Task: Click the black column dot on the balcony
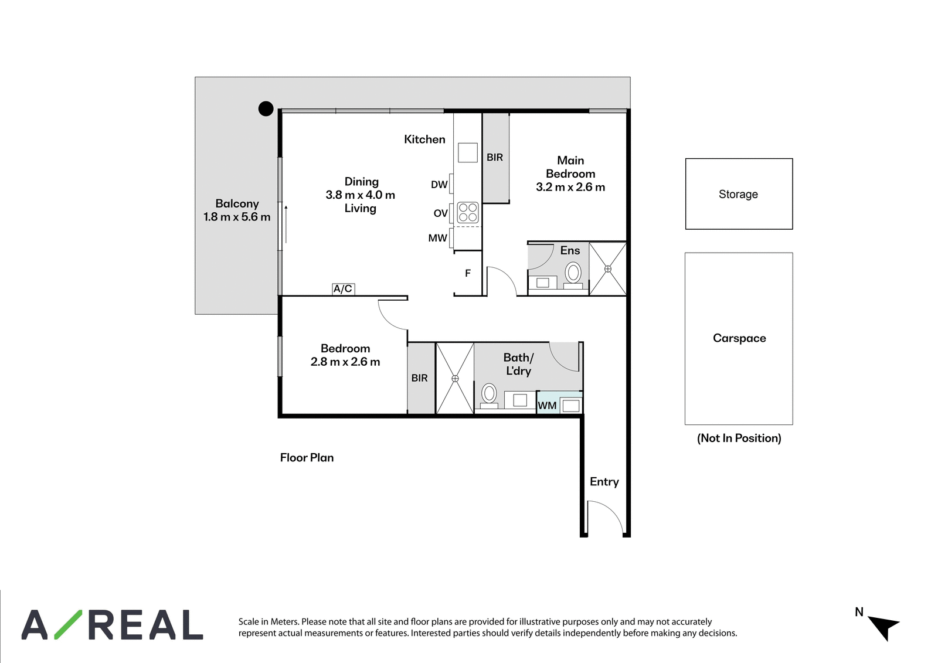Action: coord(266,109)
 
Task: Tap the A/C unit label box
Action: coord(344,289)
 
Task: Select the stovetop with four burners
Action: coord(468,212)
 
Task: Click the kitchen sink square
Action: coord(468,152)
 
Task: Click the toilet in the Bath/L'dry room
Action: coord(489,396)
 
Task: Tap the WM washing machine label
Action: coord(547,406)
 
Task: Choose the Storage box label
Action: coord(738,195)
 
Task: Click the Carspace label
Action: coord(739,338)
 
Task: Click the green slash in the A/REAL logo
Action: coord(69,624)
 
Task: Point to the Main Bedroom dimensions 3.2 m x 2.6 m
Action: coord(570,187)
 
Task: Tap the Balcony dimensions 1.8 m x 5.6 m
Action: coord(237,217)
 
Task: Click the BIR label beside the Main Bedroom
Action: coord(495,158)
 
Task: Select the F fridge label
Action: coord(468,273)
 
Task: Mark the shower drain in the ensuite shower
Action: coord(607,269)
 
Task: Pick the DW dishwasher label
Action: coord(439,184)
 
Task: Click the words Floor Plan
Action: coord(307,457)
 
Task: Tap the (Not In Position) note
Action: coord(739,438)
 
